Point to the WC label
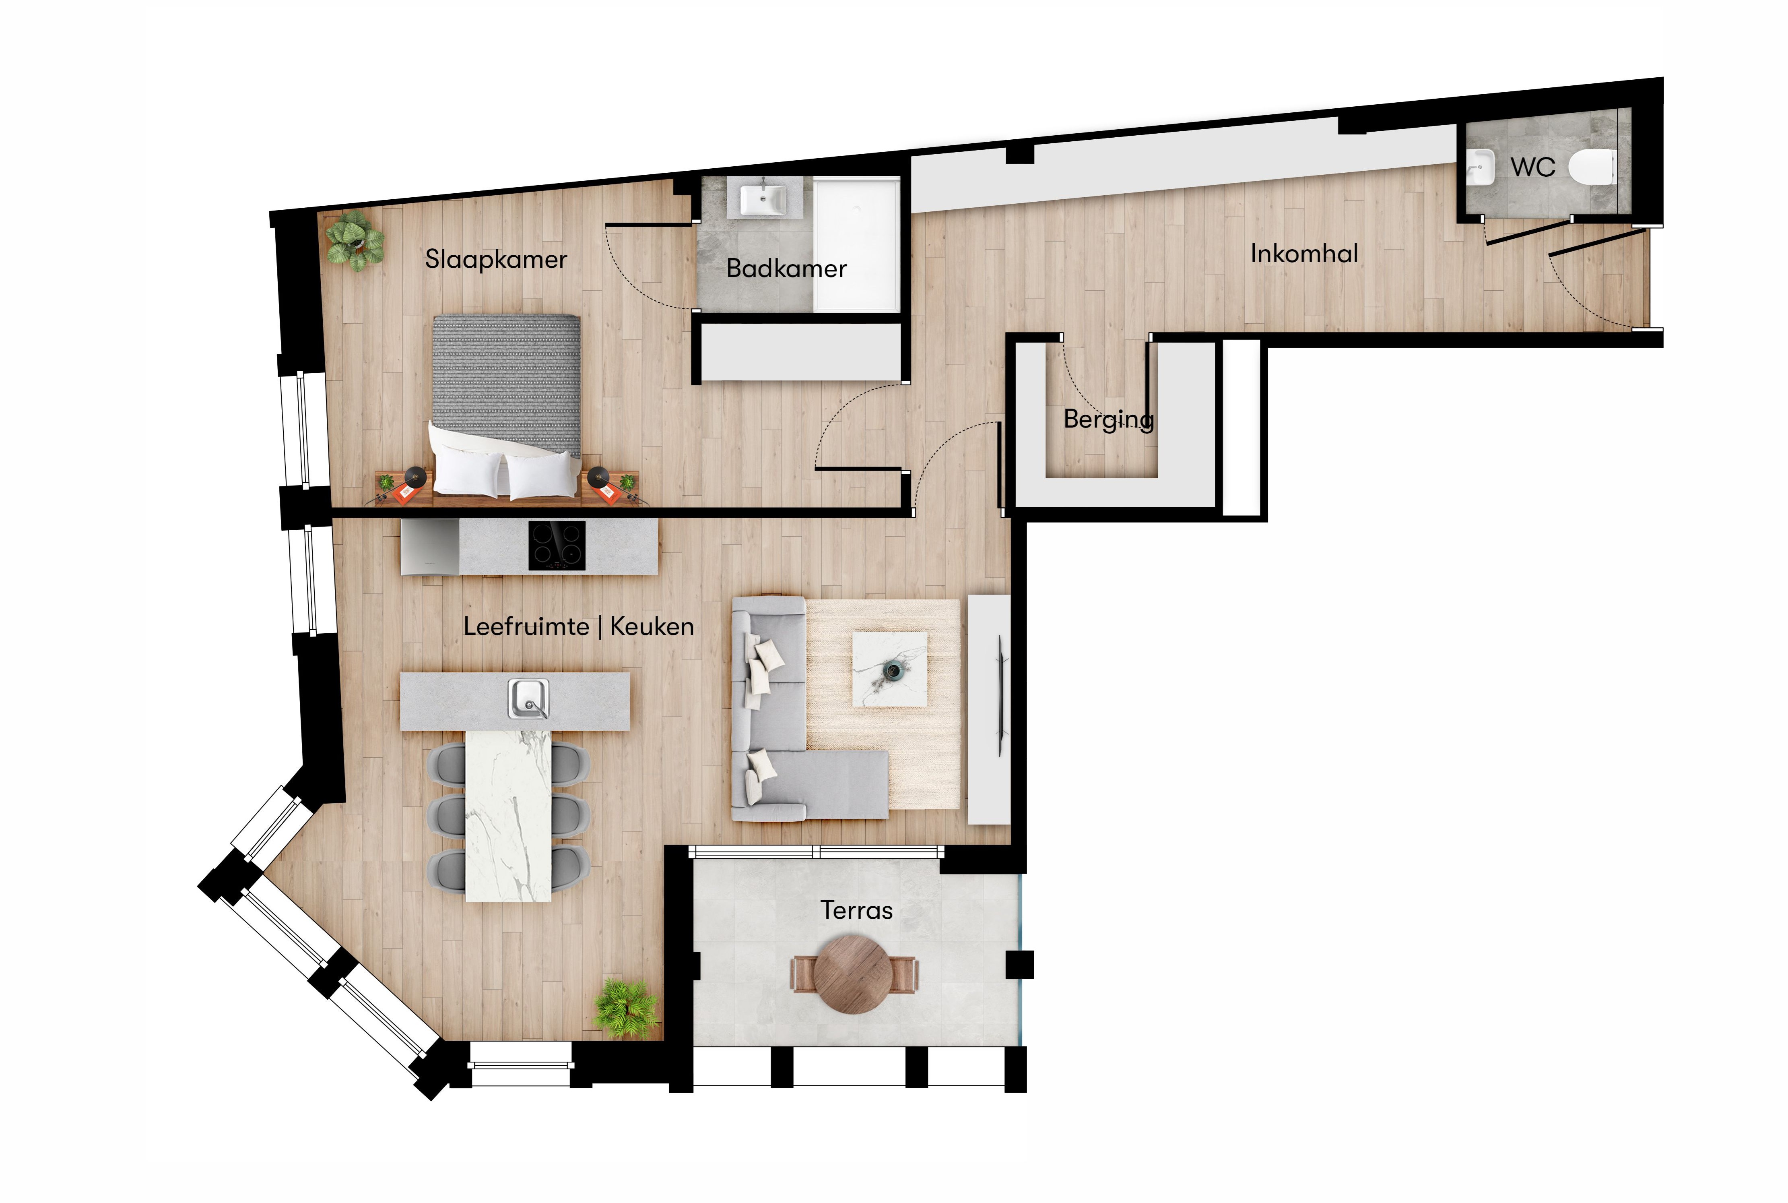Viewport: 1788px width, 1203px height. tap(1533, 167)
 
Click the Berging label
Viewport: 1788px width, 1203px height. tap(1109, 420)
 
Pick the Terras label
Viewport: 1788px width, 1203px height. tap(856, 910)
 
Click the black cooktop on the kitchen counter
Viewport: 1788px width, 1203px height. tap(557, 546)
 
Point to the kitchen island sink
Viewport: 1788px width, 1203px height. tap(528, 698)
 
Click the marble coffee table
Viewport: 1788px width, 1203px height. tap(890, 668)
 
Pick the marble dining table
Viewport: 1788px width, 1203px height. tap(508, 816)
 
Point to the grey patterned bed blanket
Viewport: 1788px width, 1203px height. tap(507, 384)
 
